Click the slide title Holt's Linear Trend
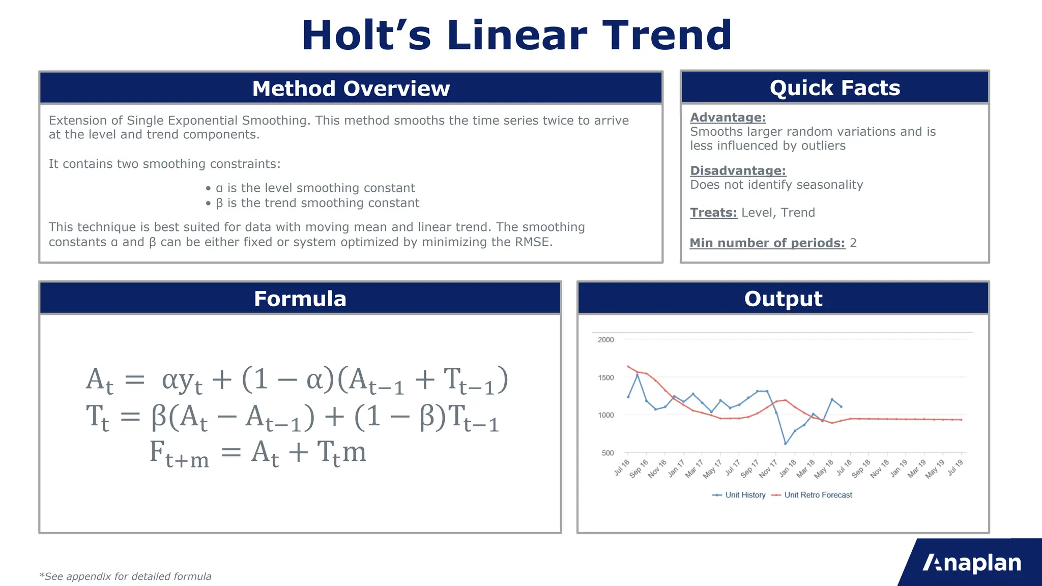pyautogui.click(x=516, y=36)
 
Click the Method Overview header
pyautogui.click(x=351, y=89)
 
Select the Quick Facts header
pyautogui.click(x=834, y=88)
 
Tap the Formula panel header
pyautogui.click(x=300, y=299)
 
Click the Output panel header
pyautogui.click(x=783, y=299)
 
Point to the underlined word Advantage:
pyautogui.click(x=728, y=118)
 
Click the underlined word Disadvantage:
pyautogui.click(x=738, y=171)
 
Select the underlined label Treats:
pyautogui.click(x=713, y=213)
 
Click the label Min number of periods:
pyautogui.click(x=767, y=243)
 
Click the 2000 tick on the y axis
pyautogui.click(x=605, y=340)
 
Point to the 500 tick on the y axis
pyautogui.click(x=607, y=453)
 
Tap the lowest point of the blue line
pyautogui.click(x=786, y=444)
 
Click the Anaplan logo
pyautogui.click(x=972, y=563)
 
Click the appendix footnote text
pyautogui.click(x=125, y=576)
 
